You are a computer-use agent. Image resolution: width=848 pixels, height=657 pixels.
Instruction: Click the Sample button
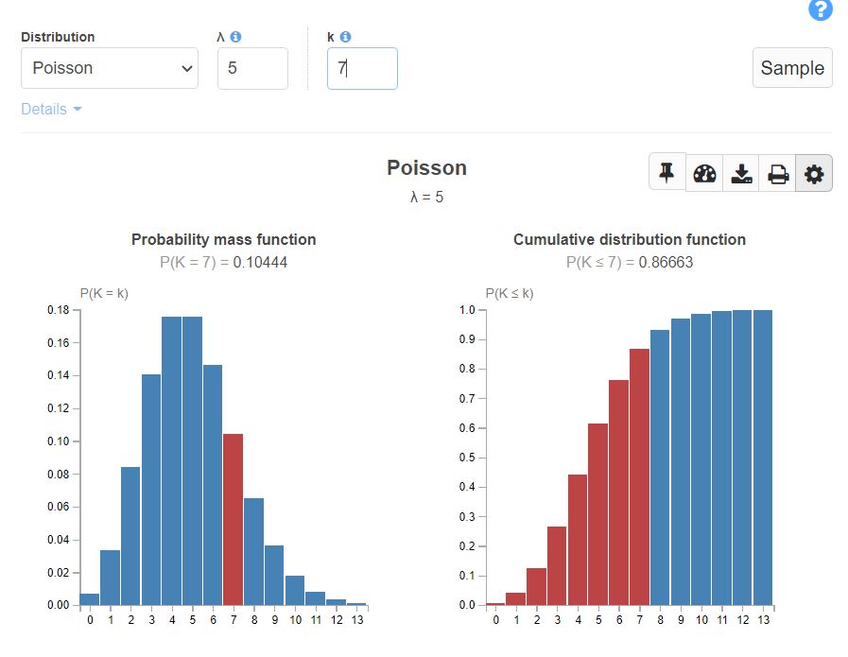792,68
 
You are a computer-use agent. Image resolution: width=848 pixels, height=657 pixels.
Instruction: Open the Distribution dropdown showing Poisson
110,68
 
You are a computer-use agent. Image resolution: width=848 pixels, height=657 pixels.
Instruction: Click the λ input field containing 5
252,68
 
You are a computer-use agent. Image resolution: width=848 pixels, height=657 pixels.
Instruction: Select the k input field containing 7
362,68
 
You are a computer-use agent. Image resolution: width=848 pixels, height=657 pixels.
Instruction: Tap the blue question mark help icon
821,10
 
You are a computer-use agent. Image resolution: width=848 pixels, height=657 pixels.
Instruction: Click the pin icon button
666,173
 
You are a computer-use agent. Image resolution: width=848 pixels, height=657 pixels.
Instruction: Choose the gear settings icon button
814,174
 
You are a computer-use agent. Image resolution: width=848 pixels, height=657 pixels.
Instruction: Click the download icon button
741,174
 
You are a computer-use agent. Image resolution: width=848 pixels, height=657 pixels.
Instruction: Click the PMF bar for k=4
171,463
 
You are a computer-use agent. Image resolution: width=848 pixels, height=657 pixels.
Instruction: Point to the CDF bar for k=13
762,458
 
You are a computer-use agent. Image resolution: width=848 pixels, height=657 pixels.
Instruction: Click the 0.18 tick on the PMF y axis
59,310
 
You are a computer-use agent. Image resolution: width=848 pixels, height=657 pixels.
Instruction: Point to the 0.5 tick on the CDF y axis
466,458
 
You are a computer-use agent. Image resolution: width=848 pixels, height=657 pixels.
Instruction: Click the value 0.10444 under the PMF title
260,262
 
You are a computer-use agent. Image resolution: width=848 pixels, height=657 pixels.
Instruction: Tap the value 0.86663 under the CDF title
666,262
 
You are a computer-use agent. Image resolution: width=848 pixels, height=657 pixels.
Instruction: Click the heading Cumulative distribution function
630,239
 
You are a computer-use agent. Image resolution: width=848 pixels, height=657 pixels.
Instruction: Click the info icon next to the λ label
236,37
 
